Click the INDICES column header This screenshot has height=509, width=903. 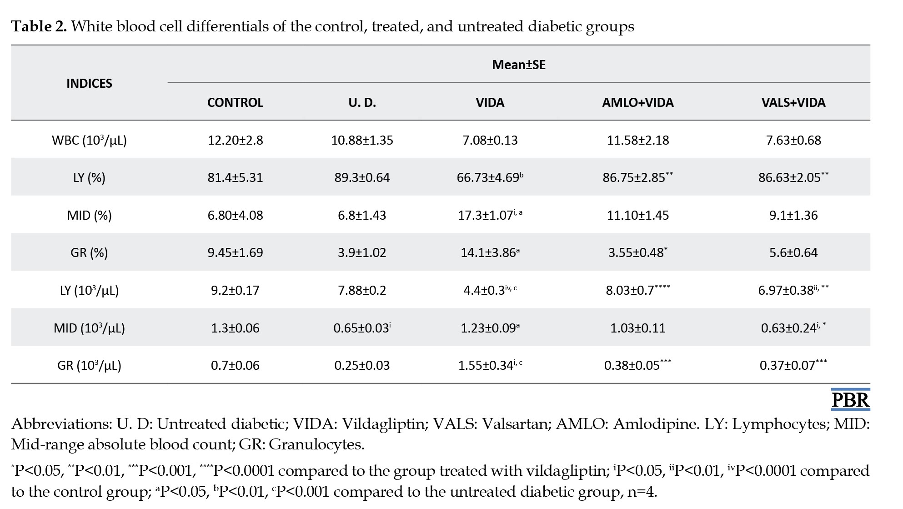[89, 83]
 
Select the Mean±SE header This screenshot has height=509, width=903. [519, 65]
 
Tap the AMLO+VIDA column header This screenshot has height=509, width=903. [638, 102]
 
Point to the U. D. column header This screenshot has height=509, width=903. [362, 102]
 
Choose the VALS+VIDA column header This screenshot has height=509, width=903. [793, 102]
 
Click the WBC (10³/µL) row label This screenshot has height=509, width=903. [89, 140]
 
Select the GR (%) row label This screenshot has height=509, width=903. [89, 252]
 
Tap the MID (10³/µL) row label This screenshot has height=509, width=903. [89, 328]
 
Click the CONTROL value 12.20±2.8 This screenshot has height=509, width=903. [235, 140]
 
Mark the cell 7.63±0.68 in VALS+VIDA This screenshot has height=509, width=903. [793, 140]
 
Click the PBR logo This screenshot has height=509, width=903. [850, 399]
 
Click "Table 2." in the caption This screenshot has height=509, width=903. [39, 26]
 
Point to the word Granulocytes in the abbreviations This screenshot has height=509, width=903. [316, 444]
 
